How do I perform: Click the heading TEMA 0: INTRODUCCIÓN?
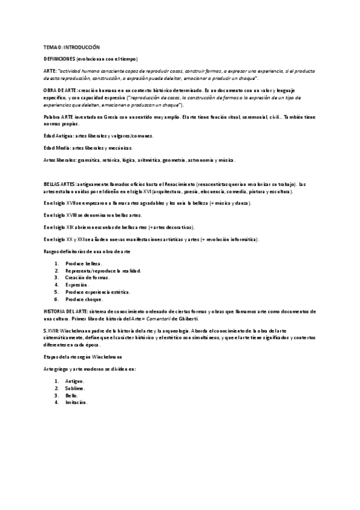coord(72,47)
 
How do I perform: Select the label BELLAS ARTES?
coord(59,183)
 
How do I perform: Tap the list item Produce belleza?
coord(84,263)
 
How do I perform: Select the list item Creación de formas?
coord(88,278)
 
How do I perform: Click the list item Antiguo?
coord(75,381)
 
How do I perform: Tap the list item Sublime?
coord(76,389)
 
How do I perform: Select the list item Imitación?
coord(77,402)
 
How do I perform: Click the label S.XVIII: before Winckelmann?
coord(51,331)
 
